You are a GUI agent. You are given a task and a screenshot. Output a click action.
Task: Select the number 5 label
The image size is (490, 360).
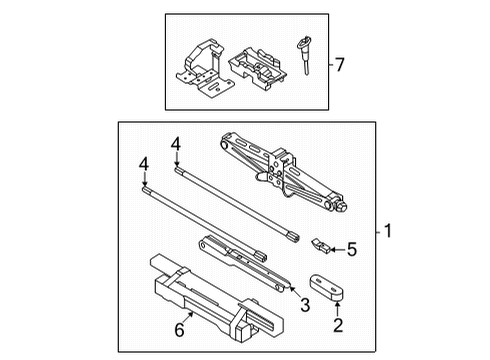coord(350,250)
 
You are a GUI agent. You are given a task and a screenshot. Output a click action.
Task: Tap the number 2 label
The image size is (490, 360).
coord(337,325)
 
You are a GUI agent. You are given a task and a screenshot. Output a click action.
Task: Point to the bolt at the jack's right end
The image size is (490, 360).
coord(341,208)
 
